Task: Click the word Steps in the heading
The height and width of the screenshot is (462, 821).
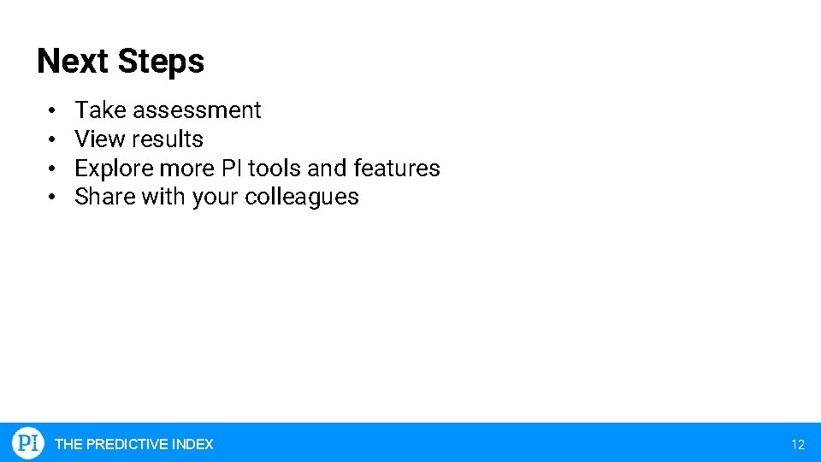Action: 161,62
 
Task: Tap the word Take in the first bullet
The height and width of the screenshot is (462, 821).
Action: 100,110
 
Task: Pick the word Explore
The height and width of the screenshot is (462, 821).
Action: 114,169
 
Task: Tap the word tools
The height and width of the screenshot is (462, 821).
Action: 274,169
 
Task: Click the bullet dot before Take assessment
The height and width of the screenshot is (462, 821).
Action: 52,111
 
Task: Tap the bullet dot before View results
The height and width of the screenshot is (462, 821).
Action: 52,140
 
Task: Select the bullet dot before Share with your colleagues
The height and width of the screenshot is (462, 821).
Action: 52,198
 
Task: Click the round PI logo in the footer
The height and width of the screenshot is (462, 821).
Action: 28,443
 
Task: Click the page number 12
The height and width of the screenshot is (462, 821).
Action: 798,444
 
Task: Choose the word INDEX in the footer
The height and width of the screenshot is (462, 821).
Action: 192,444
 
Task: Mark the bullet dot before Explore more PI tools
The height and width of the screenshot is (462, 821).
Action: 52,169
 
